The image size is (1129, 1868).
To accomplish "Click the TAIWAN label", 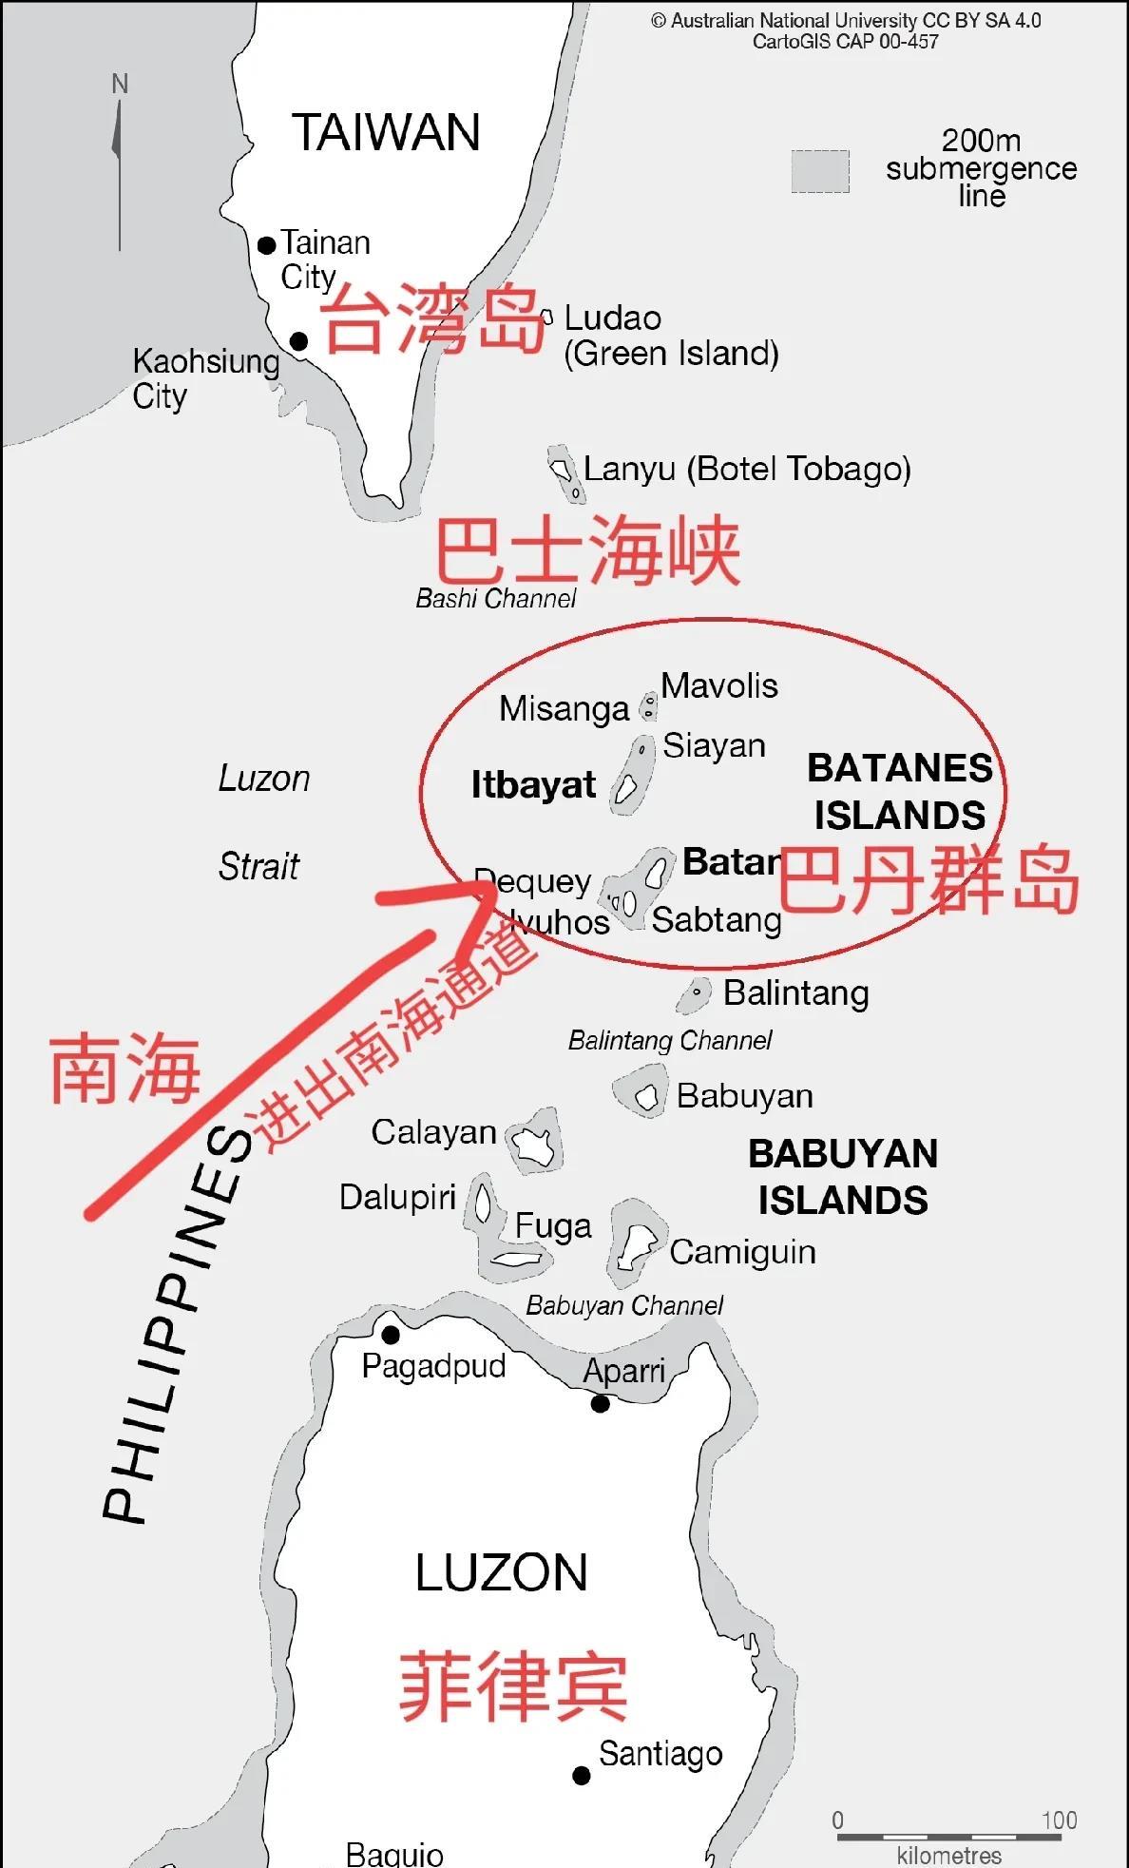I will (386, 132).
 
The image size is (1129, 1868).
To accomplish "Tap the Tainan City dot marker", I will (267, 245).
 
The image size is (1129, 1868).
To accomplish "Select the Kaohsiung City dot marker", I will (298, 340).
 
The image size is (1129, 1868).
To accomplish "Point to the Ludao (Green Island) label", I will (671, 336).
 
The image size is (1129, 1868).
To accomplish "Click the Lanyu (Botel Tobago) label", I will (747, 469).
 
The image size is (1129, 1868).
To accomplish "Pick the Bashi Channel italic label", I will (496, 599).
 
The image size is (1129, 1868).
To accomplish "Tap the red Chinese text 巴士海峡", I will (587, 550).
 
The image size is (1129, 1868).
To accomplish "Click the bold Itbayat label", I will (533, 785).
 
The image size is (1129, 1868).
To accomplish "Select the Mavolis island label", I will (719, 685).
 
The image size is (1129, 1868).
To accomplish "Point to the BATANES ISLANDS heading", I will (899, 792).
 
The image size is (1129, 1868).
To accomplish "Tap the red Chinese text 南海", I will (124, 1069).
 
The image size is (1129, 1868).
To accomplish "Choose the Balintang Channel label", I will (670, 1041).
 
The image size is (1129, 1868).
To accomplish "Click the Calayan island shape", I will (533, 1141).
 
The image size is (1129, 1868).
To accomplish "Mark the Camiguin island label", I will (742, 1252).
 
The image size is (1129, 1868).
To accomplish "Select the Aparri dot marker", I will (600, 1403).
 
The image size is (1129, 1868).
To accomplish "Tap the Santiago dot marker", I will (582, 1774).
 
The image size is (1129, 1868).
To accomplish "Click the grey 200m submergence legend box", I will (820, 171).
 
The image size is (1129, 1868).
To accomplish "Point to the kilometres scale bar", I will (948, 1837).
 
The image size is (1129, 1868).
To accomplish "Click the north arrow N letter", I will (120, 85).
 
